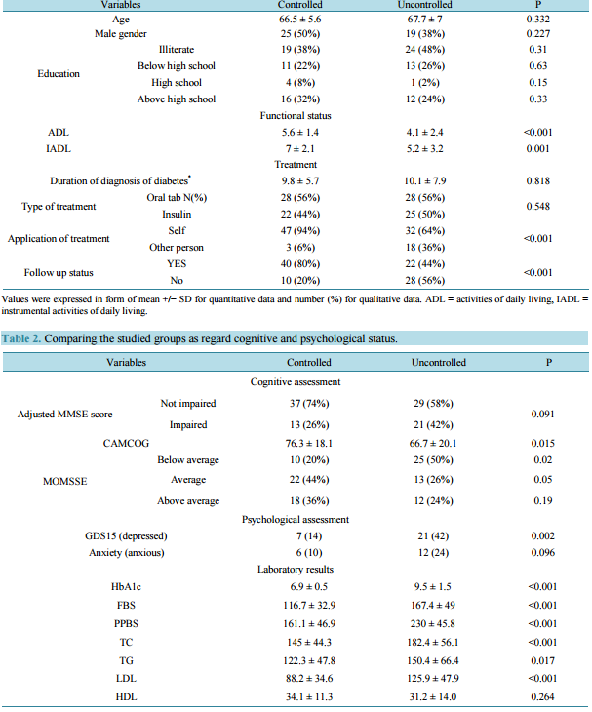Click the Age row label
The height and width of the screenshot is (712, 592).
click(x=121, y=20)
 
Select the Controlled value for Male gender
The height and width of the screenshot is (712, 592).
click(x=300, y=33)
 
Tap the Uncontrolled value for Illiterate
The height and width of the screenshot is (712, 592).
click(x=425, y=49)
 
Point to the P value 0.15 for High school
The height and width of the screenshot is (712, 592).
click(x=538, y=82)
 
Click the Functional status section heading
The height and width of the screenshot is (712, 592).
click(x=296, y=116)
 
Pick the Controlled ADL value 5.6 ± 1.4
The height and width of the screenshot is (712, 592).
click(x=300, y=132)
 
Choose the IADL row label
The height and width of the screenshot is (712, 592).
click(x=59, y=148)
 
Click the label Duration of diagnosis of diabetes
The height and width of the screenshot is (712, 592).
click(x=120, y=180)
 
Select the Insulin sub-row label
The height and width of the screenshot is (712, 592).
click(x=177, y=214)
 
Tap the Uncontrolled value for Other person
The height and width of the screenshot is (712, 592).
click(x=425, y=248)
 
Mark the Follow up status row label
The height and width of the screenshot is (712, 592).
click(x=59, y=272)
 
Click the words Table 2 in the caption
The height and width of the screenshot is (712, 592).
click(x=21, y=338)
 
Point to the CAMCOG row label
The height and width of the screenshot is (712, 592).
click(x=126, y=443)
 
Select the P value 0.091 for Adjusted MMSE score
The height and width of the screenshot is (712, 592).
click(x=543, y=415)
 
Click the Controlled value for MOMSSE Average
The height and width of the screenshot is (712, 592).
click(x=309, y=480)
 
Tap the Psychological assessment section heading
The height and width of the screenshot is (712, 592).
click(x=296, y=520)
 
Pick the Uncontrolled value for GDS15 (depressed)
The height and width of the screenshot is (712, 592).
click(x=433, y=536)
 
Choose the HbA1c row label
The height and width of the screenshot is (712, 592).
click(x=126, y=587)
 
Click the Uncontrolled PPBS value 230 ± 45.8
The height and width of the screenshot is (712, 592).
click(x=433, y=624)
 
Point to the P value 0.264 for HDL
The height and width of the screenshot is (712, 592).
click(x=543, y=697)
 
